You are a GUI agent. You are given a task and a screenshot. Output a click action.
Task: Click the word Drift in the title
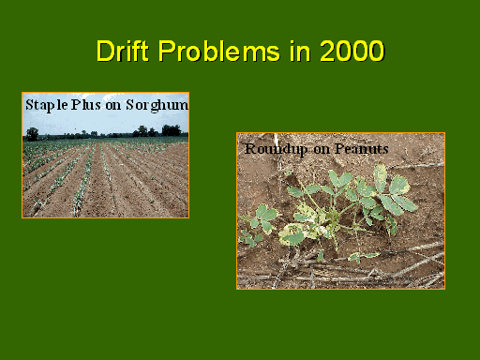(x=122, y=51)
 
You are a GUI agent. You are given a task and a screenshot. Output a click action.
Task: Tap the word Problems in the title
(x=218, y=51)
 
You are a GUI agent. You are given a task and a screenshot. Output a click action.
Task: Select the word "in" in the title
(x=300, y=51)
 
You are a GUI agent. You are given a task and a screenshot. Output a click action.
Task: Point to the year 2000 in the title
(x=352, y=51)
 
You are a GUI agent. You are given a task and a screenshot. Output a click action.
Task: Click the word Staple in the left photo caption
(x=47, y=105)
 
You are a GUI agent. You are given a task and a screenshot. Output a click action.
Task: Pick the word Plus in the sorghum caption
(x=86, y=105)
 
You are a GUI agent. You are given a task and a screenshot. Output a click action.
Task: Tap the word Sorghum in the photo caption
(x=157, y=105)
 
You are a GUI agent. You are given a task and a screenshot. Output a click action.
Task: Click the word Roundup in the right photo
(x=276, y=149)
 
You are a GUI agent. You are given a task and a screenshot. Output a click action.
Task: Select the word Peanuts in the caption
(x=362, y=149)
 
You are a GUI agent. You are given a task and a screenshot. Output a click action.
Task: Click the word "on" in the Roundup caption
(x=321, y=150)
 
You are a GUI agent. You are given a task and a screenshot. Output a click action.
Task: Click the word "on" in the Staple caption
(x=113, y=106)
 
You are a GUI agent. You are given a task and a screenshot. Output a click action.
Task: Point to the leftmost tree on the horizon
(x=32, y=134)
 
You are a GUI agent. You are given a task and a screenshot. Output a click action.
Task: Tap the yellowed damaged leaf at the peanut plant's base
(x=291, y=233)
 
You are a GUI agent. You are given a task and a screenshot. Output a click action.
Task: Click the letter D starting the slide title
(x=105, y=51)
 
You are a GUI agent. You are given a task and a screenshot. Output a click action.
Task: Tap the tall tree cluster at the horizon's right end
(x=171, y=130)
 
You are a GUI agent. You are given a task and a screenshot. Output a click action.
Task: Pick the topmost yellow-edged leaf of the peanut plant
(x=381, y=177)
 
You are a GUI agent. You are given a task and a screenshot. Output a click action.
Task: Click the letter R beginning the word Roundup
(x=249, y=149)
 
